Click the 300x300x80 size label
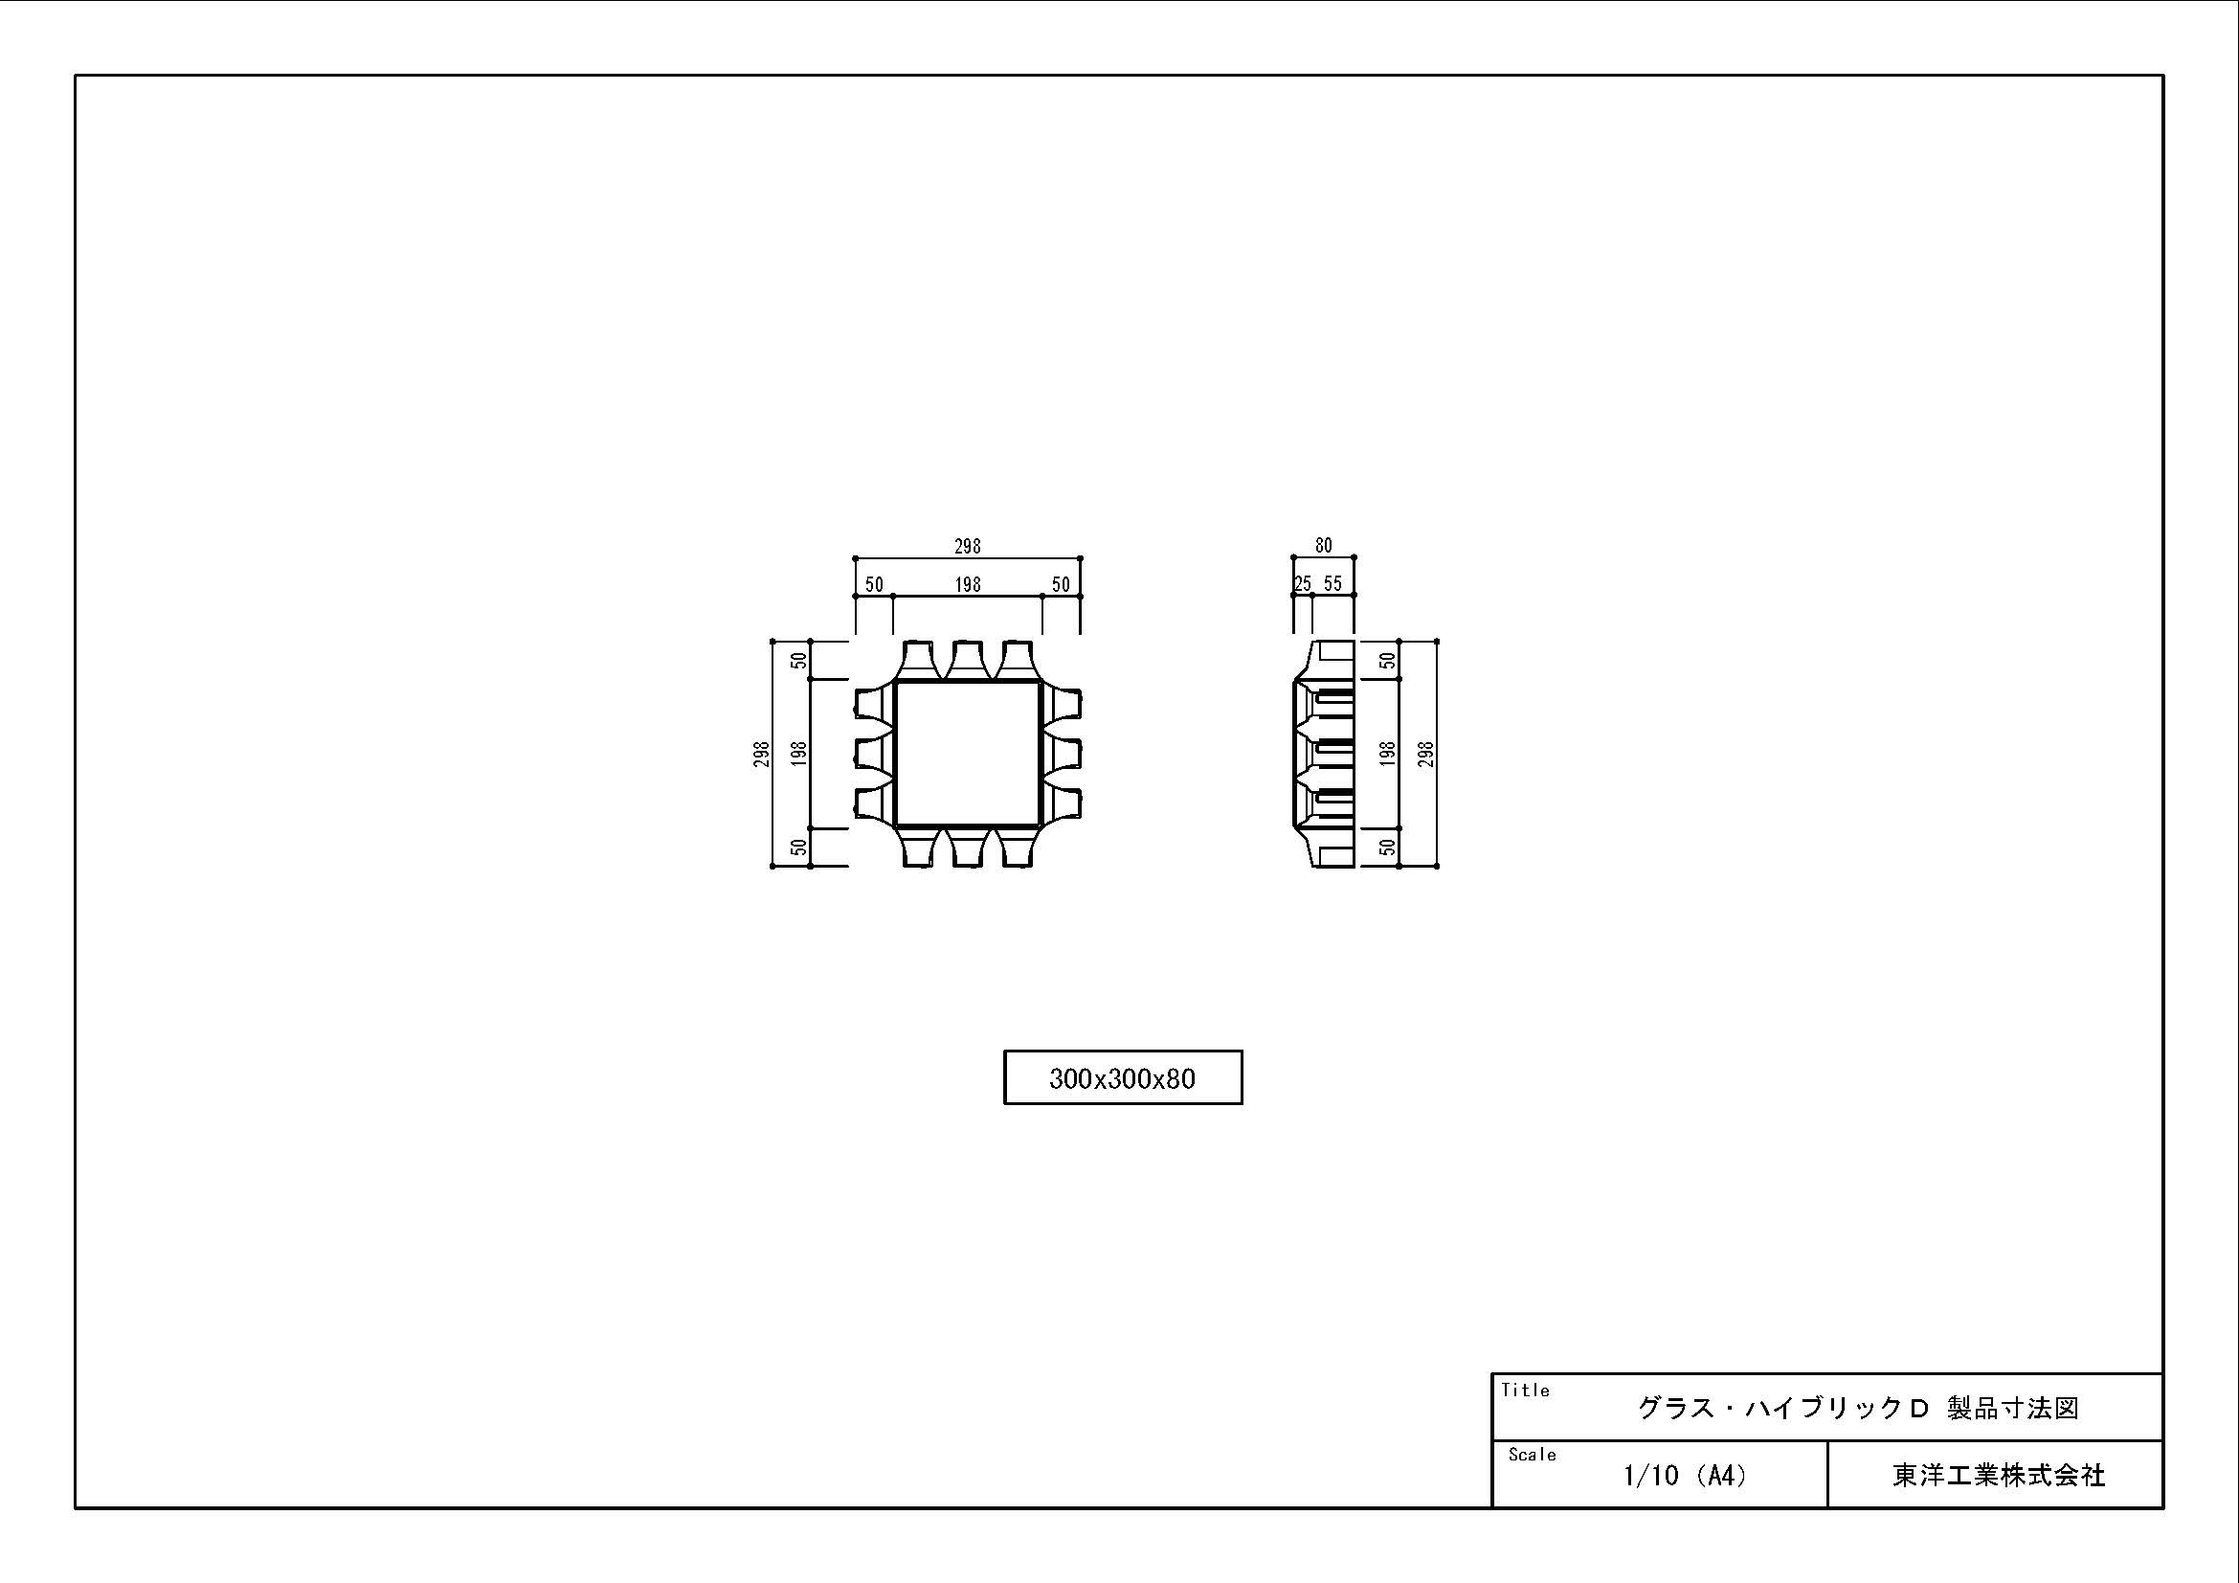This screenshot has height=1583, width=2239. tap(1123, 1077)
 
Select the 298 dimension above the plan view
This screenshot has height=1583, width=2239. tap(968, 547)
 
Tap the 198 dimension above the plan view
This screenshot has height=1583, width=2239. tap(968, 584)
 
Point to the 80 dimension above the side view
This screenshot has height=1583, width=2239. tap(1323, 545)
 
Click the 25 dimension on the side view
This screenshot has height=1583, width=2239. tap(1303, 584)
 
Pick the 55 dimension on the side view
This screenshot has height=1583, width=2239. tap(1333, 584)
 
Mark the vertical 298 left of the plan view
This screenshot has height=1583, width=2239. tap(762, 754)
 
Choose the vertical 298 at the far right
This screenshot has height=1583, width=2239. tap(1426, 754)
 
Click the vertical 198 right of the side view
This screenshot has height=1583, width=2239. tap(1389, 754)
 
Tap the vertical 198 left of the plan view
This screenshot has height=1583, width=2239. tap(799, 754)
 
